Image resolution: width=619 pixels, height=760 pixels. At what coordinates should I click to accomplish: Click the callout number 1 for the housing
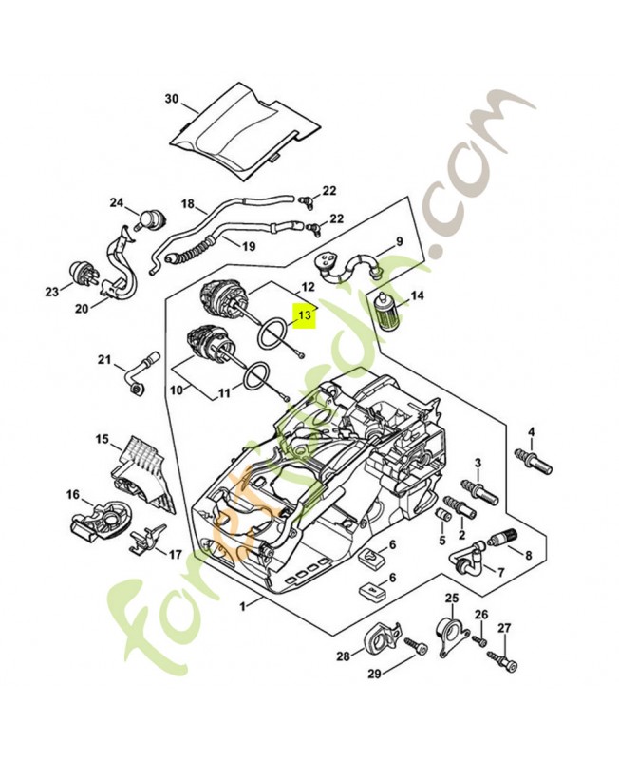point(244,606)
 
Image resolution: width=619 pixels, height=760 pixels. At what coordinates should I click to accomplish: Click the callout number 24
point(117,202)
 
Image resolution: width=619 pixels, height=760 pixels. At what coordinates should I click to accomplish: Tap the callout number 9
point(400,241)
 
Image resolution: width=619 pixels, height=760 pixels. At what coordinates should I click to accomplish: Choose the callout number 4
point(532,431)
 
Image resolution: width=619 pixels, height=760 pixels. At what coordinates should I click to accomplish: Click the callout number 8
point(527,554)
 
